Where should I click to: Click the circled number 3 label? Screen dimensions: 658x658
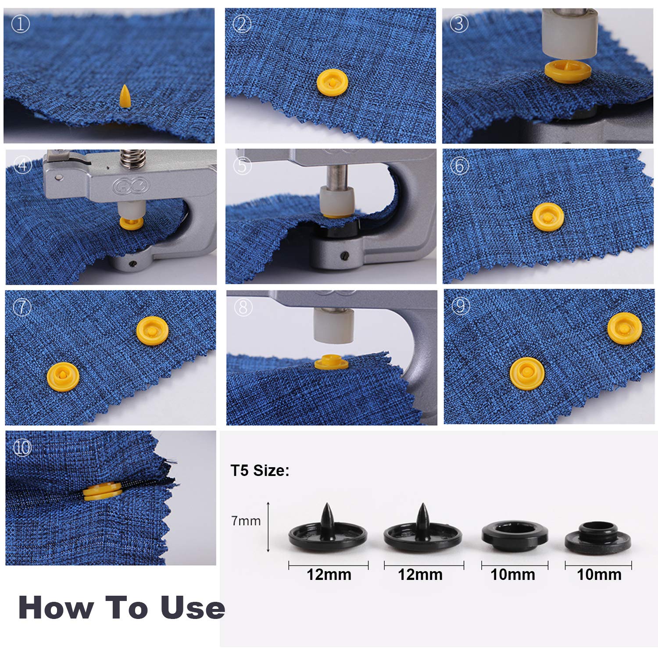(x=459, y=24)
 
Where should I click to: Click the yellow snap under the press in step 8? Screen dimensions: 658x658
(x=331, y=362)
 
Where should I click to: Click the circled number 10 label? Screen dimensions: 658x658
(x=22, y=447)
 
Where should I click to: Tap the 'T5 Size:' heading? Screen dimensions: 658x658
(x=260, y=471)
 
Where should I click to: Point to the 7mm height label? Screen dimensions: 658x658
(x=246, y=521)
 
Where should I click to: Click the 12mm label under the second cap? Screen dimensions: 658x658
(x=420, y=575)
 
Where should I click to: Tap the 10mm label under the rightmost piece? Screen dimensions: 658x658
(x=599, y=575)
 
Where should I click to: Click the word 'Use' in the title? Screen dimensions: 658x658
(x=193, y=608)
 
